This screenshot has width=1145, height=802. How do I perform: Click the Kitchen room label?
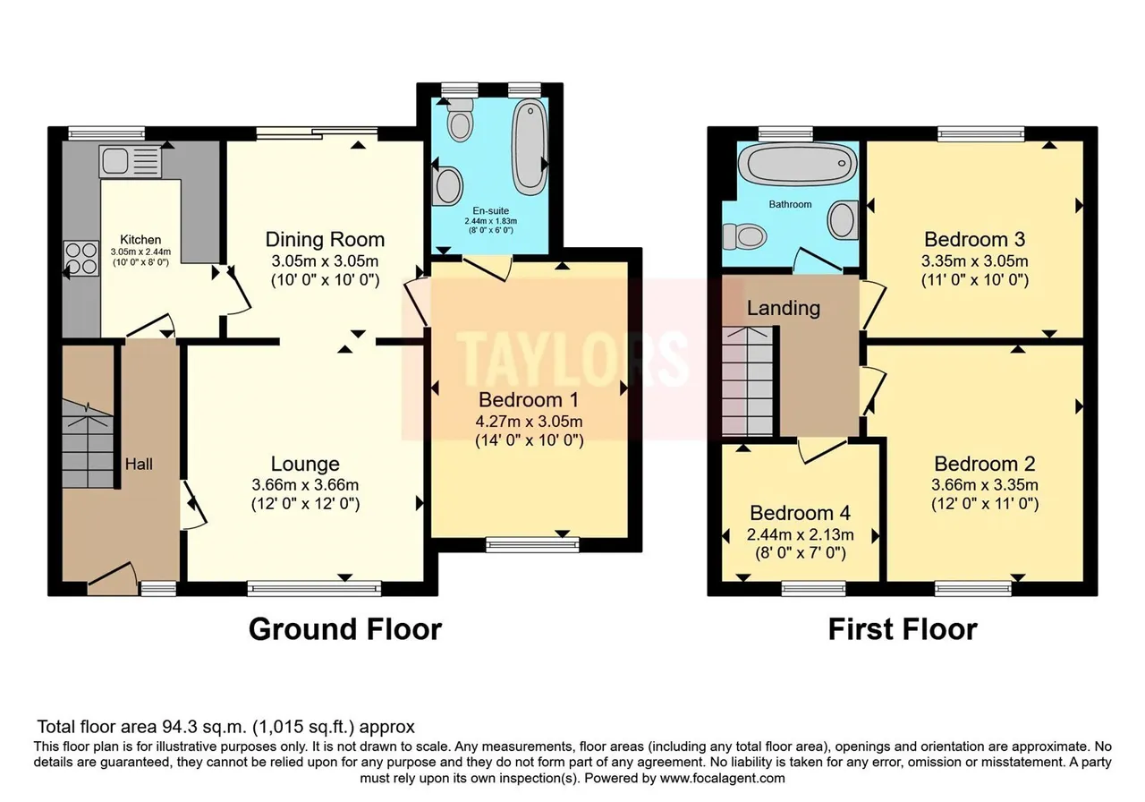click(140, 239)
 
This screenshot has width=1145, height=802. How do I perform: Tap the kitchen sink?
click(131, 162)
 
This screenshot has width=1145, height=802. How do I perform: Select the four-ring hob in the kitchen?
click(81, 259)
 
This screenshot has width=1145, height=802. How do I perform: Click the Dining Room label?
click(325, 239)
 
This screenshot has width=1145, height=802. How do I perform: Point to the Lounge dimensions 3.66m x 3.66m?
click(305, 484)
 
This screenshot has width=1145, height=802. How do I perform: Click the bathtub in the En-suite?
click(530, 147)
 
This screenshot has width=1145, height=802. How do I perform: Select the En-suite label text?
click(491, 210)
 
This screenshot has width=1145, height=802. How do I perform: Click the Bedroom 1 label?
click(529, 399)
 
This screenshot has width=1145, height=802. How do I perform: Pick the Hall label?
click(139, 464)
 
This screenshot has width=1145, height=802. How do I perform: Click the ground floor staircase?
click(88, 444)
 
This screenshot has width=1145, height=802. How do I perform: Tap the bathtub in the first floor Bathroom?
click(798, 164)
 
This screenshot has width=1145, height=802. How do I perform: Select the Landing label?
click(784, 308)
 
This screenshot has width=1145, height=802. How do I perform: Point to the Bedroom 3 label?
click(975, 239)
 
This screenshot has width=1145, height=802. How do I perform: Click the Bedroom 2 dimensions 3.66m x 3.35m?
click(985, 484)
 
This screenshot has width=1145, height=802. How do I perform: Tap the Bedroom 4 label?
click(800, 513)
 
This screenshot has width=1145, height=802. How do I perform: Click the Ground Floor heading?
click(345, 629)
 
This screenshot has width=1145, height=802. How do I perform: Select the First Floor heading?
click(903, 629)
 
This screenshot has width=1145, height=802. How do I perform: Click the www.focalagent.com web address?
click(722, 779)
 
